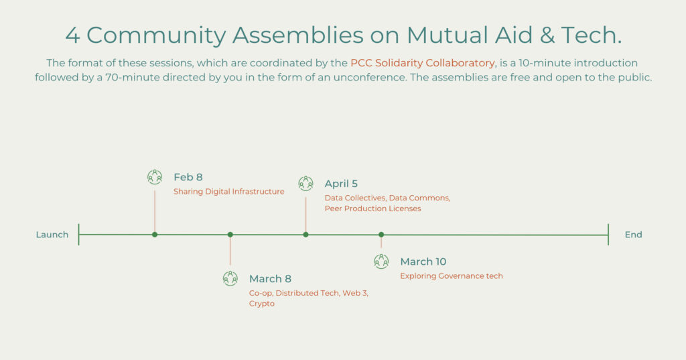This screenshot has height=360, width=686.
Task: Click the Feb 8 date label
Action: coord(188,178)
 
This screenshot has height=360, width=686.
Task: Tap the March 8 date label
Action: coord(270,279)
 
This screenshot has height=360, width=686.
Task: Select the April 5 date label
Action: coord(341,184)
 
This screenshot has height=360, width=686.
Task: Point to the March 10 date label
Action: coord(423,262)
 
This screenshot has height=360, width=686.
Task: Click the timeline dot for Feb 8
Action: coord(155,235)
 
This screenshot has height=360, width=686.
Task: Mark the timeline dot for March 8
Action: coord(230,235)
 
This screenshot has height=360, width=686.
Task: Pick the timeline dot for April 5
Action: coord(305,235)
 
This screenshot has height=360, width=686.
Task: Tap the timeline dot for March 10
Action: coord(381,235)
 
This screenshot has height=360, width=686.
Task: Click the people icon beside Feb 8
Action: coord(155,176)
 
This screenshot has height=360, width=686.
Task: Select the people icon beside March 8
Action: coord(230,278)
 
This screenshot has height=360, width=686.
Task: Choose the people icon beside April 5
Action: coord(305,183)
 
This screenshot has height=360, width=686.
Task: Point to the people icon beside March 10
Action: coord(381,261)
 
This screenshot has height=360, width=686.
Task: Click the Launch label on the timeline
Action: coord(52,235)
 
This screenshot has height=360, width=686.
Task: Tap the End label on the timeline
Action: coord(633,235)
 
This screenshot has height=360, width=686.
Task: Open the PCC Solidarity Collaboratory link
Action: coord(423,63)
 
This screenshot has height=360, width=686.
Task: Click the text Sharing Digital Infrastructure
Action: coord(229,191)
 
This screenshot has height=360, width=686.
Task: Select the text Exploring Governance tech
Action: coord(452,276)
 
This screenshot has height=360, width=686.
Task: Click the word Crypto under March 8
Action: coord(262,304)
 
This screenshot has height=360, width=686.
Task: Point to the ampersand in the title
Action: coord(547,35)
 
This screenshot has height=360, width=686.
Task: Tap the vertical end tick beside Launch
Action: coord(79,235)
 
